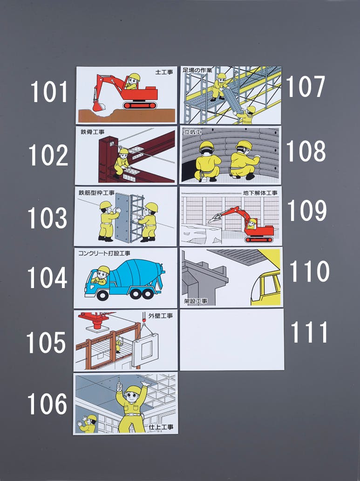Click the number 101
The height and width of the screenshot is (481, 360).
pyautogui.click(x=48, y=92)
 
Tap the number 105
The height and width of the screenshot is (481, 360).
pyautogui.click(x=46, y=343)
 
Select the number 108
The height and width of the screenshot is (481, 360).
pyautogui.click(x=306, y=151)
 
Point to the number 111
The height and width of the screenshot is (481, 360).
pyautogui.click(x=309, y=332)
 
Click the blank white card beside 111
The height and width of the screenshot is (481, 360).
pyautogui.click(x=232, y=340)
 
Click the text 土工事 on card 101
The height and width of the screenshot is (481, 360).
pyautogui.click(x=164, y=72)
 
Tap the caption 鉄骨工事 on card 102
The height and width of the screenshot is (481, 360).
pyautogui.click(x=93, y=132)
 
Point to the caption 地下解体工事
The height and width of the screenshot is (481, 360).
pyautogui.click(x=260, y=193)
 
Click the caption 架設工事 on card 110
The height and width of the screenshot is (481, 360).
pyautogui.click(x=196, y=301)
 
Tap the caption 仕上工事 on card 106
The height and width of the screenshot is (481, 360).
pyautogui.click(x=161, y=427)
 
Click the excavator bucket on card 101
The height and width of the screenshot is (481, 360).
pyautogui.click(x=98, y=106)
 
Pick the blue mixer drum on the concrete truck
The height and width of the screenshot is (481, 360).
pyautogui.click(x=135, y=273)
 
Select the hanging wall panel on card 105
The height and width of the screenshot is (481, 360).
pyautogui.click(x=145, y=350)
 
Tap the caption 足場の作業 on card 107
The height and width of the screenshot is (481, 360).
pyautogui.click(x=197, y=70)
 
